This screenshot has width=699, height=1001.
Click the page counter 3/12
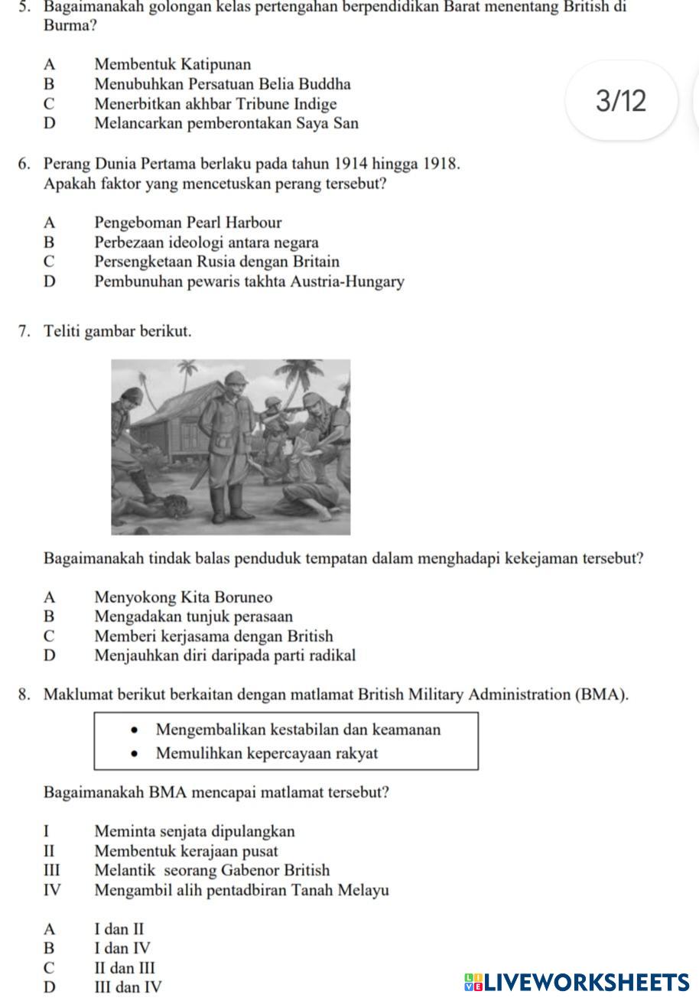pyautogui.click(x=621, y=101)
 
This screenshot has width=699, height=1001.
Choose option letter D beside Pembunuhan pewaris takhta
pyautogui.click(x=50, y=281)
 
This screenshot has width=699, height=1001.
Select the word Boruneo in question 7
pyautogui.click(x=244, y=597)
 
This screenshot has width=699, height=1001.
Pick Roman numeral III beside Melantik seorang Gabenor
pyautogui.click(x=51, y=870)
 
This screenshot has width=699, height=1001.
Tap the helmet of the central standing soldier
pyautogui.click(x=235, y=379)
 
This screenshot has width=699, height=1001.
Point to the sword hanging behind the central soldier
pyautogui.click(x=200, y=478)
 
